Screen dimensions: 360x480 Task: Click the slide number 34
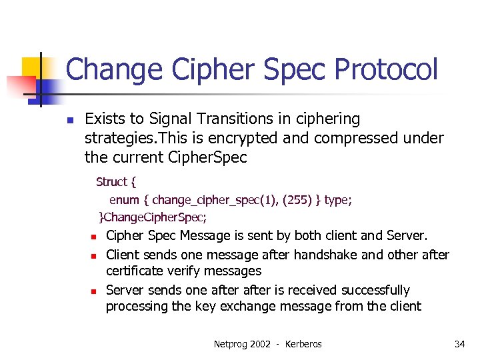point(459,344)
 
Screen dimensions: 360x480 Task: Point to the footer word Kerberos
point(303,344)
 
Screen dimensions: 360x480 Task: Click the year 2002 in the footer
point(260,344)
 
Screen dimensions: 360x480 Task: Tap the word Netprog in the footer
point(229,344)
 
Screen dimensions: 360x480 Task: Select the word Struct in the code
point(111,182)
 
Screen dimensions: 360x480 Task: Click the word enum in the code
point(124,199)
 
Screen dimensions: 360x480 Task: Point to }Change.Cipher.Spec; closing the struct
point(153,217)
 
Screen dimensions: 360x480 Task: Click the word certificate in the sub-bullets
point(137,271)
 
